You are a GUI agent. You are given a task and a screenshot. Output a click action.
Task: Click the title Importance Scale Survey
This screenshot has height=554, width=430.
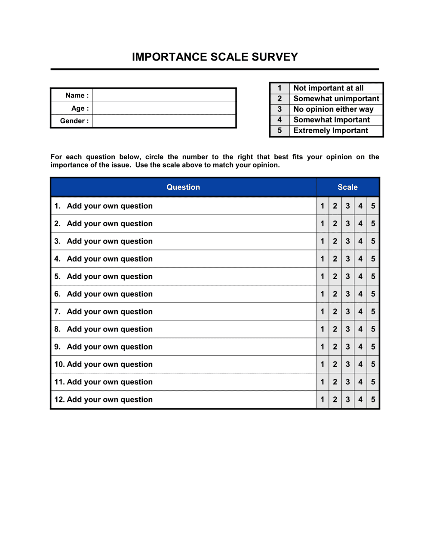point(215,57)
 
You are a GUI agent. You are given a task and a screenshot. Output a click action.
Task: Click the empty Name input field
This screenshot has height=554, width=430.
point(164,95)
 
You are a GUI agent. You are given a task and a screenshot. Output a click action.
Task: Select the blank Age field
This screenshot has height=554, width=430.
point(164,108)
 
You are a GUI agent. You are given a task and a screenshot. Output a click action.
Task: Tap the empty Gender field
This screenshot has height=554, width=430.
point(164,121)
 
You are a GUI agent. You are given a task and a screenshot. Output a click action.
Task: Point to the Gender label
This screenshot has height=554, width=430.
point(74,121)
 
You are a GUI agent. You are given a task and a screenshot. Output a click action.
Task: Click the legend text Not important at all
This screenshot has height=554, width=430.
point(328,88)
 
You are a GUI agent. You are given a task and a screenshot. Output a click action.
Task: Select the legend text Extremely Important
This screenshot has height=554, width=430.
point(330,131)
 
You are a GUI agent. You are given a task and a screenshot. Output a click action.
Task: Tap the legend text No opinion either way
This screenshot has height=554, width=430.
point(333,109)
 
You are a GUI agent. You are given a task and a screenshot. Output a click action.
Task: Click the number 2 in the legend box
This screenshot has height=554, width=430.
point(279,99)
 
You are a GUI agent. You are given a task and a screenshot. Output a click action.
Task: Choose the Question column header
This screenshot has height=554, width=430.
point(183,187)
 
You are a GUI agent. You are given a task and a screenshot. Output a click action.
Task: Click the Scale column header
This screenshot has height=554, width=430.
point(347,187)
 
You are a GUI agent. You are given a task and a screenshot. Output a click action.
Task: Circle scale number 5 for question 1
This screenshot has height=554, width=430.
point(373,206)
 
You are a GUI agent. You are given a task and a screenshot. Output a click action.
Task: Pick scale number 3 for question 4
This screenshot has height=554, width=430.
point(348,259)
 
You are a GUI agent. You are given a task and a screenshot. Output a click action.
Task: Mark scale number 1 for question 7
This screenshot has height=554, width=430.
point(322,312)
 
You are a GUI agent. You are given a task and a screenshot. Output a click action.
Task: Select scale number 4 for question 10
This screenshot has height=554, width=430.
point(360,364)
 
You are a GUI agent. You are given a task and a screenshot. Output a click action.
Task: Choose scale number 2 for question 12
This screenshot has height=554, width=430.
point(335,399)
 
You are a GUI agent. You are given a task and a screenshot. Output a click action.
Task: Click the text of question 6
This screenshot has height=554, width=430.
point(109,294)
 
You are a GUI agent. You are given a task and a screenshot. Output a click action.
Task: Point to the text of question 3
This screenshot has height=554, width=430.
point(109,241)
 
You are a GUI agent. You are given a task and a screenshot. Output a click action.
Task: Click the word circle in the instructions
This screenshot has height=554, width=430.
point(154,157)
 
